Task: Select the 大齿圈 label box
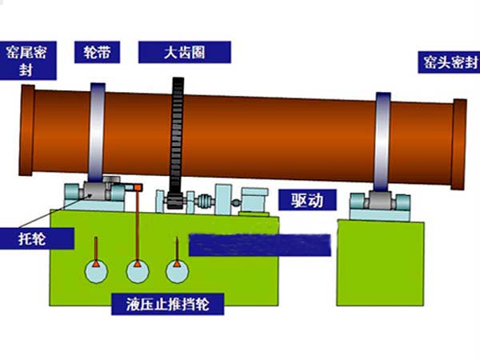185,53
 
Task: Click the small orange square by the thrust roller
137,187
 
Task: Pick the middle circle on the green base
137,272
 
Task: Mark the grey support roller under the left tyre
95,192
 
